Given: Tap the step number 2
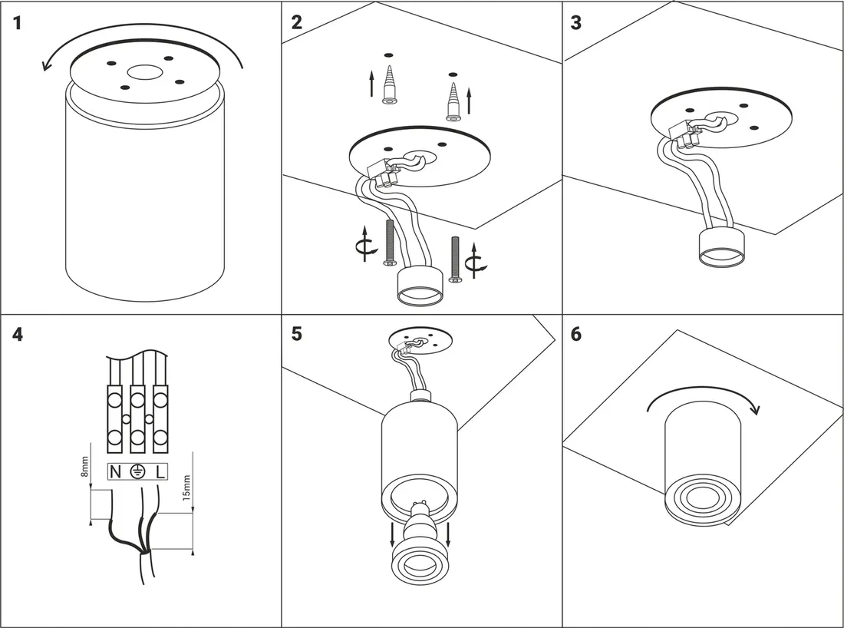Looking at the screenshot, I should tap(297, 22).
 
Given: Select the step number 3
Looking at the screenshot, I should tap(577, 22).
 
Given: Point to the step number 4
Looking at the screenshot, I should tap(18, 335).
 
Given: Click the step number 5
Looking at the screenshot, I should tap(297, 335).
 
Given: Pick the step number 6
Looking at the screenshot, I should tap(577, 335).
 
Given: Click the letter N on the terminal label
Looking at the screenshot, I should tap(114, 472).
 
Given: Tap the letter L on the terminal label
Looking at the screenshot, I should tap(160, 472).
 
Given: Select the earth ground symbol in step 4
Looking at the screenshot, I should tap(137, 472).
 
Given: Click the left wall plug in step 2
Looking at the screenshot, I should tap(388, 84).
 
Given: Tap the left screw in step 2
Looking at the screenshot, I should tap(389, 243).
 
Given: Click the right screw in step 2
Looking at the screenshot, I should tap(454, 259).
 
